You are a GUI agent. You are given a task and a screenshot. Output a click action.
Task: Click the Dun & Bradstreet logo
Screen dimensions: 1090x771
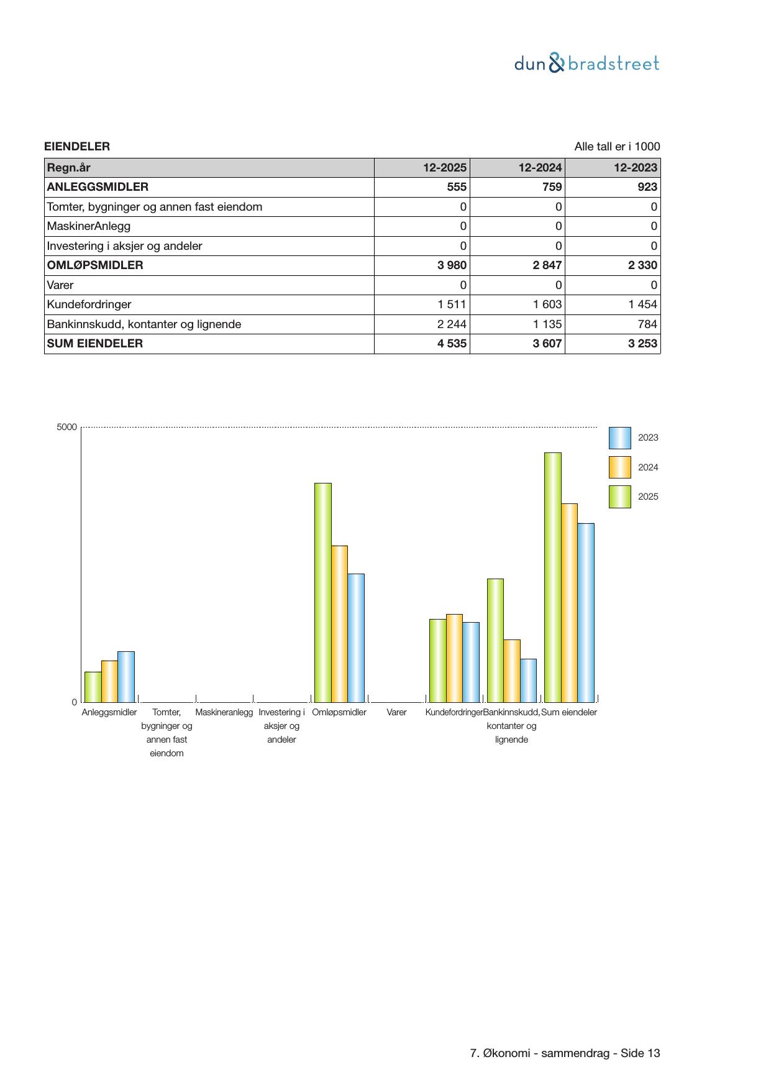(586, 63)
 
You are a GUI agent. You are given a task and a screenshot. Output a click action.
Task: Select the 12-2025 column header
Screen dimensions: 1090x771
(445, 167)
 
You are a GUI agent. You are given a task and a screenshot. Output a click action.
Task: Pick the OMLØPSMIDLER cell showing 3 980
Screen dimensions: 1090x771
(452, 265)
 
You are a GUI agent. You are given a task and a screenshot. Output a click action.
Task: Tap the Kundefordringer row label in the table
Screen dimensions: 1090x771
(89, 305)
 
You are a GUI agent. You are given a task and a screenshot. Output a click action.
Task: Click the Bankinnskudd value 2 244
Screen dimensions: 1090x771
(452, 324)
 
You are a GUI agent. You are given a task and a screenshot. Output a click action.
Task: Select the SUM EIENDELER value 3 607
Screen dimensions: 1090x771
(547, 344)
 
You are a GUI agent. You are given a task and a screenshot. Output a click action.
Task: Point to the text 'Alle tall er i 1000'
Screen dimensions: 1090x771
(617, 147)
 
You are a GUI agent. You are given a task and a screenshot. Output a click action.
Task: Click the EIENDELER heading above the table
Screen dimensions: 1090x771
(77, 147)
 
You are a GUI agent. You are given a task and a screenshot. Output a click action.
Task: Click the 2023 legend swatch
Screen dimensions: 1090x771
(619, 438)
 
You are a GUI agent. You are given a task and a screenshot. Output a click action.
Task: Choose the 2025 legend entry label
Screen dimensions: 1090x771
(648, 497)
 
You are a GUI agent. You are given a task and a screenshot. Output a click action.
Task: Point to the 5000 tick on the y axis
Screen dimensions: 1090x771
(67, 428)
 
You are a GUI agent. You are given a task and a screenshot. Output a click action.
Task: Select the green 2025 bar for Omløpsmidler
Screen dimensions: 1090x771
(323, 592)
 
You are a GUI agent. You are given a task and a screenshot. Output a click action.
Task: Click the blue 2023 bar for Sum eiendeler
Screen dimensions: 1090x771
(586, 612)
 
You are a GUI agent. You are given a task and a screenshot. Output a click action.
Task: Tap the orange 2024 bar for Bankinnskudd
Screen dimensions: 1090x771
(512, 671)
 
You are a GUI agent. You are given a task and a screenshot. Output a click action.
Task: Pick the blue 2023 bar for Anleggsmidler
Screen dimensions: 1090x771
(126, 676)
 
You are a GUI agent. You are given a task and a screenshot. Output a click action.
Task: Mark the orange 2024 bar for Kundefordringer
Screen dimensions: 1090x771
(454, 657)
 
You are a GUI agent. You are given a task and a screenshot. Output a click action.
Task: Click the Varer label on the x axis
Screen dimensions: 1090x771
(396, 712)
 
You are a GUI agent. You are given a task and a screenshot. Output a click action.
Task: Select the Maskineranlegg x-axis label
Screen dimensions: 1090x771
(224, 712)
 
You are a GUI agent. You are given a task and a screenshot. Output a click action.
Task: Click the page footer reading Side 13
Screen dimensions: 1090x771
(565, 1053)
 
